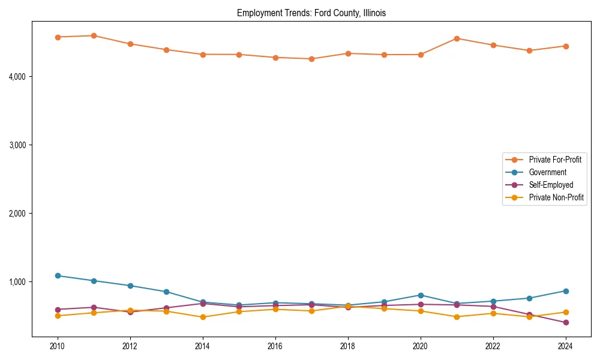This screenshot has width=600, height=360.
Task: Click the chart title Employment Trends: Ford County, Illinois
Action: click(315, 13)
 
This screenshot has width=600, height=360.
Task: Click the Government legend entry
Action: click(547, 172)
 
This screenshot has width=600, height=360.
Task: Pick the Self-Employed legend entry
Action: click(551, 185)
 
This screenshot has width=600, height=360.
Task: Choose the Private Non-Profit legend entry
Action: click(556, 197)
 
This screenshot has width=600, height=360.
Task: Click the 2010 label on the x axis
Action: click(58, 346)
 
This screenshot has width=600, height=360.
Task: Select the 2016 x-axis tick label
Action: click(275, 346)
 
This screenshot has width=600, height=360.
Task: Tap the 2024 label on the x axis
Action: click(565, 346)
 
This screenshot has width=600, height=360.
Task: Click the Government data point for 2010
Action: click(58, 275)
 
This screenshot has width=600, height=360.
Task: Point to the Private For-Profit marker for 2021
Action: click(457, 38)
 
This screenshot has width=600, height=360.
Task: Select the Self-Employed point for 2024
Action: click(565, 323)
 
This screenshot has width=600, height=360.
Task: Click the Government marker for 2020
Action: click(420, 295)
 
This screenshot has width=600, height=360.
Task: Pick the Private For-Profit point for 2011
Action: click(94, 35)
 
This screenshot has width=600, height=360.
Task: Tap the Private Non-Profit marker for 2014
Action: click(203, 317)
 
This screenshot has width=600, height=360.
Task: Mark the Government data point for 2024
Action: click(565, 291)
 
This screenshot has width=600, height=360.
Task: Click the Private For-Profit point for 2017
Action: click(311, 59)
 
